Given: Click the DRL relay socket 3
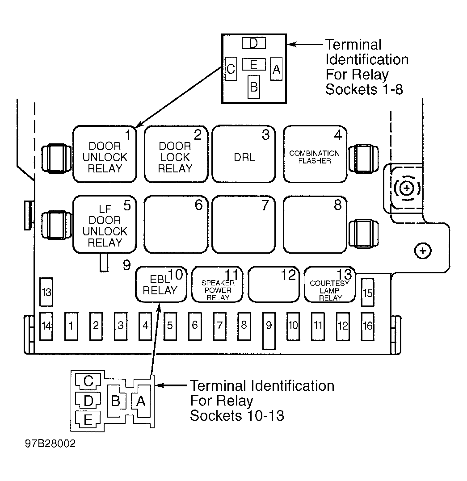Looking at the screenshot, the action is [x=244, y=154].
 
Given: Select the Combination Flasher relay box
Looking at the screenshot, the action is [x=315, y=154].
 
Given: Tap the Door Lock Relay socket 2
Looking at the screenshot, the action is [x=176, y=154].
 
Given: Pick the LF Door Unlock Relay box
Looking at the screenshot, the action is [x=105, y=225].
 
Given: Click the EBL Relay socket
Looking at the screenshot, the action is [x=161, y=284].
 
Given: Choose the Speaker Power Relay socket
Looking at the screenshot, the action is [x=217, y=284].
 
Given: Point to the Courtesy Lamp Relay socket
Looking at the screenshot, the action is [x=330, y=284].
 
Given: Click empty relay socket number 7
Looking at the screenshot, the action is [x=244, y=225].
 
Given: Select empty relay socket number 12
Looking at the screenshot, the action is [x=273, y=284].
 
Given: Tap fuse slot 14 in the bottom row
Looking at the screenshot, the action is [x=46, y=326].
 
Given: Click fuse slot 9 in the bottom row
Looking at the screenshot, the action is [x=269, y=330].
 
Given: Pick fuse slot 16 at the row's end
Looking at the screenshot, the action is [x=368, y=326].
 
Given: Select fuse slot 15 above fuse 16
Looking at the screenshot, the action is [x=367, y=292].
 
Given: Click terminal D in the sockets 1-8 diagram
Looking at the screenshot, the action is [x=254, y=43].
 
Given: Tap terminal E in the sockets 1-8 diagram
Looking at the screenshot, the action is [x=254, y=64].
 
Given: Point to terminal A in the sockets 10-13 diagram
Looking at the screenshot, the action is [x=141, y=401].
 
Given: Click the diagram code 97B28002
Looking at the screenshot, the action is [x=50, y=443].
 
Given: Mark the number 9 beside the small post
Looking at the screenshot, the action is [x=126, y=265].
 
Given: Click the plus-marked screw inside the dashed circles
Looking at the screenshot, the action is [x=407, y=188].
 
